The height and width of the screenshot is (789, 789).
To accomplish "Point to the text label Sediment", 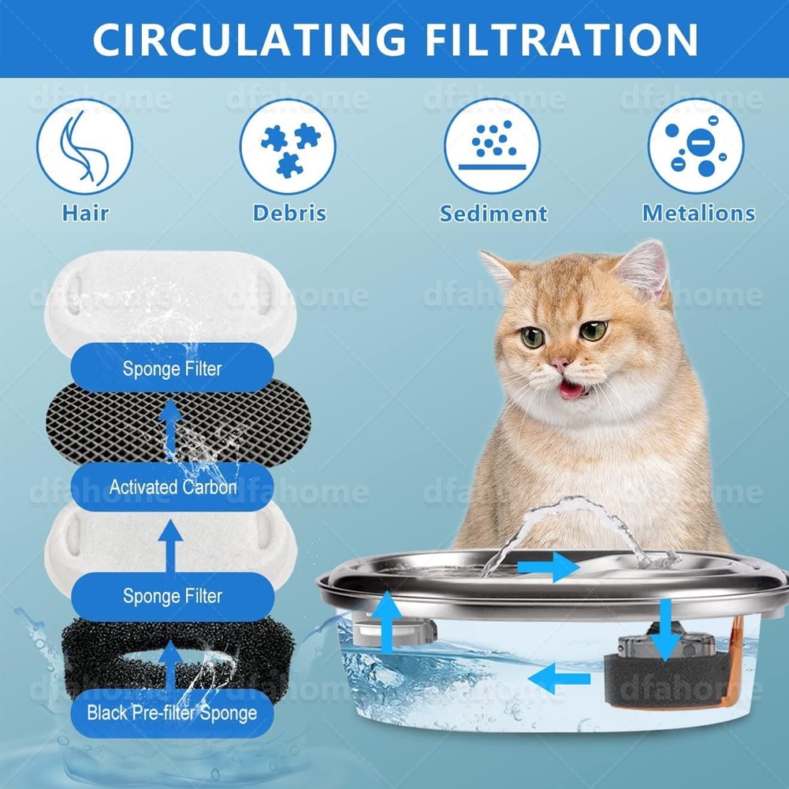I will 493,214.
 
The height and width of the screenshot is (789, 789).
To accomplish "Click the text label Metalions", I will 698,213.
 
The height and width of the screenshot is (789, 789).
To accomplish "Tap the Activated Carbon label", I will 173,487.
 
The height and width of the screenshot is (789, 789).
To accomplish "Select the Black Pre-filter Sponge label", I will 172,714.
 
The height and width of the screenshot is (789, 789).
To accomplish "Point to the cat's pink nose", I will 560,364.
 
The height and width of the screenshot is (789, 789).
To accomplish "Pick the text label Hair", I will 84,213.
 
